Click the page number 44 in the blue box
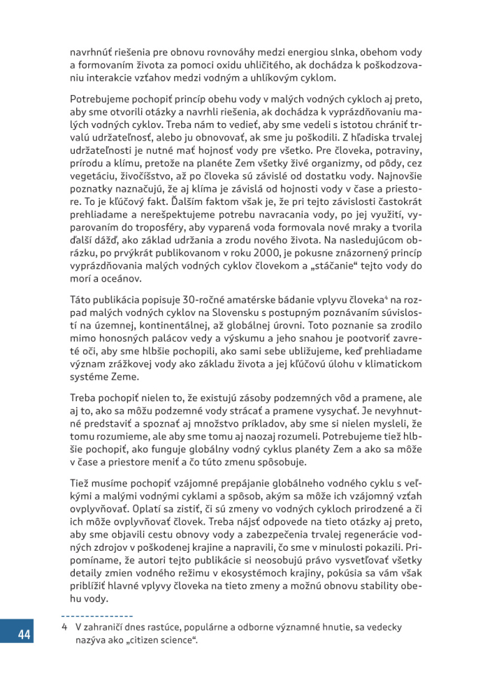[24, 635]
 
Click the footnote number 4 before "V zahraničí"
[64, 628]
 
